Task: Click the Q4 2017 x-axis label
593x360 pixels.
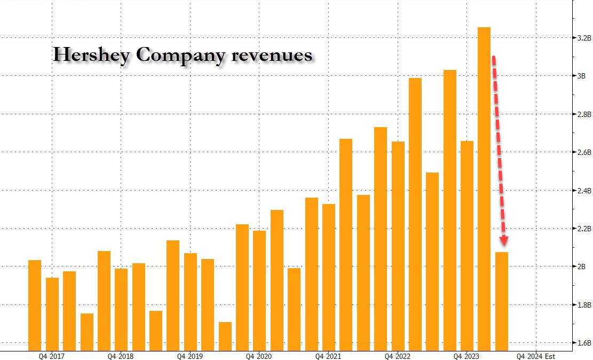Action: pos(52,356)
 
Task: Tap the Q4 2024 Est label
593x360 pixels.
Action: pos(535,356)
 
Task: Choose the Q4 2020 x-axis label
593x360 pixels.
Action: pos(260,356)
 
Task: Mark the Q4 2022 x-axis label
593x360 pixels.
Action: pos(398,356)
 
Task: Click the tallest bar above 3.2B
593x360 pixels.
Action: pos(484,187)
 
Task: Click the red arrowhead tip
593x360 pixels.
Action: pos(503,247)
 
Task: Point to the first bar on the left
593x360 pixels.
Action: pos(35,304)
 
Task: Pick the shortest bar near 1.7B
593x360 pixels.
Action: pos(225,336)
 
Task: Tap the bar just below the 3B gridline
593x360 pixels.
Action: pos(415,214)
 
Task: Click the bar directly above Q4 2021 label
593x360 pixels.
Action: pos(329,278)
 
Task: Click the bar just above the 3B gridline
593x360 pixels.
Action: pos(449,208)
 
